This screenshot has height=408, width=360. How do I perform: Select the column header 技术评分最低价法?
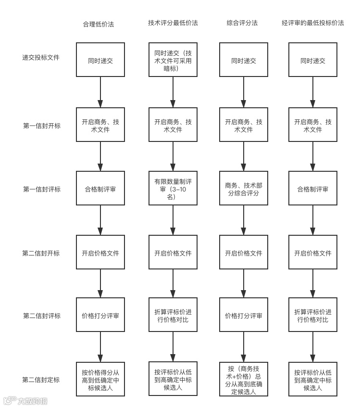pyautogui.click(x=173, y=23)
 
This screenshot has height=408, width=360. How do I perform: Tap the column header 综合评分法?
pyautogui.click(x=242, y=23)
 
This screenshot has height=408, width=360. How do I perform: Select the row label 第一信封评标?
pyautogui.click(x=42, y=189)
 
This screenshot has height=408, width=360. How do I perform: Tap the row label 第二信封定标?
pyautogui.click(x=41, y=380)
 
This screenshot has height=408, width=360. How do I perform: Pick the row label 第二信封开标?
pyautogui.click(x=41, y=253)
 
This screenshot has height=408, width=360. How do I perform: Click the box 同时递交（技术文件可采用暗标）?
pyautogui.click(x=173, y=60)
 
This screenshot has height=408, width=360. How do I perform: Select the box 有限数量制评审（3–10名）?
pyautogui.click(x=173, y=188)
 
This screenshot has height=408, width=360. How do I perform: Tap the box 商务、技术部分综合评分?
pyautogui.click(x=243, y=189)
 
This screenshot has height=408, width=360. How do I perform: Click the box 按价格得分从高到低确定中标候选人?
pyautogui.click(x=100, y=379)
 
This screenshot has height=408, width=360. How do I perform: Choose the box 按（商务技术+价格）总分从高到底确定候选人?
pyautogui.click(x=243, y=379)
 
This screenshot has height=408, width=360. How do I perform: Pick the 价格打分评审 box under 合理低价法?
pyautogui.click(x=100, y=316)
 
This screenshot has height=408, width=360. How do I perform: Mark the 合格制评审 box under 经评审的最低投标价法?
pyautogui.click(x=312, y=189)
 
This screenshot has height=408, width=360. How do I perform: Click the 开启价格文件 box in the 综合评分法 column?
pyautogui.click(x=243, y=252)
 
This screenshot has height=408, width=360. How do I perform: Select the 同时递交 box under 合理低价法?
pyautogui.click(x=100, y=60)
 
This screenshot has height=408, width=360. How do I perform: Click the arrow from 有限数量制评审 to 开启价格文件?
pyautogui.click(x=173, y=220)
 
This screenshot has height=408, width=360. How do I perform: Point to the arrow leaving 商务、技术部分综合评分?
pyautogui.click(x=243, y=220)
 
